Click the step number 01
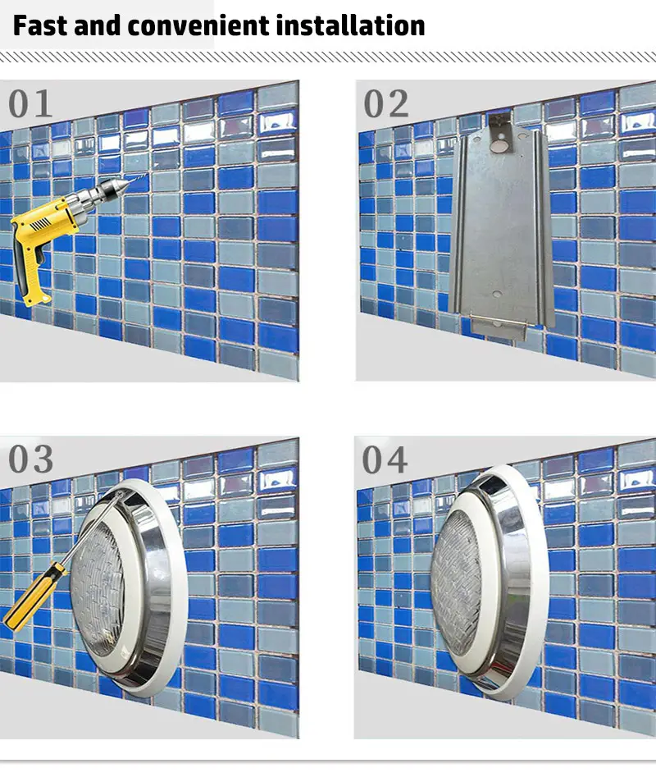30,103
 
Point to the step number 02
386,104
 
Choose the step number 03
30,459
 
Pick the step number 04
385,459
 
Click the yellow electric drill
59,233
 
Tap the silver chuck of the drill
107,191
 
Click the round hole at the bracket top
500,146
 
